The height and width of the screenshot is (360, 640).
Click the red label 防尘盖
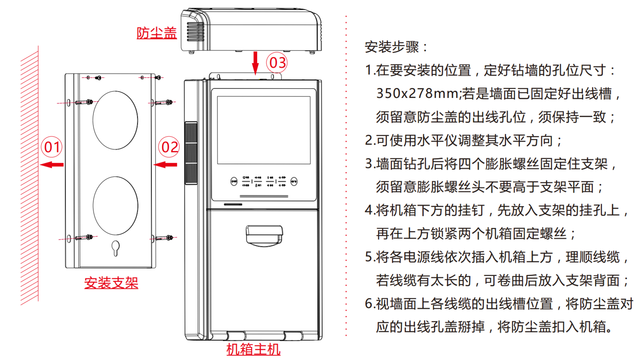point(156,33)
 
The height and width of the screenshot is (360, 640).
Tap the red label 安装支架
point(111,283)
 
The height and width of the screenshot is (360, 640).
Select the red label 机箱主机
point(253,349)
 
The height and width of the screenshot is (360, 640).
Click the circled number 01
point(52,147)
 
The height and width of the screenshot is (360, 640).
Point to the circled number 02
point(169,147)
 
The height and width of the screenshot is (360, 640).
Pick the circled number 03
point(277,63)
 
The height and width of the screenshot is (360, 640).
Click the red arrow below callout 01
point(52,164)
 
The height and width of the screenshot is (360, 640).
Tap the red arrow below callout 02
point(166,164)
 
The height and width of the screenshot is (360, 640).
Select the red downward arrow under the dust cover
point(255,63)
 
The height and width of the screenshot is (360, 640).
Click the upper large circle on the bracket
point(115,120)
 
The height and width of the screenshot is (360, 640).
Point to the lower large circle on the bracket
point(115,206)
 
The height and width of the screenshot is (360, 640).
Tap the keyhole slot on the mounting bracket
point(116,248)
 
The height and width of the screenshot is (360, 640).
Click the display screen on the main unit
point(264,130)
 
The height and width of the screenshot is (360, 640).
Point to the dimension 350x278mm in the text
point(417,94)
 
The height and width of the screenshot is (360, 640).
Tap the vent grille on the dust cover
point(196,32)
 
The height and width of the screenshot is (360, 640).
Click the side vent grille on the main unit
point(191,153)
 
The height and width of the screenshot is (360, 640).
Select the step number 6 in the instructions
point(369,304)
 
